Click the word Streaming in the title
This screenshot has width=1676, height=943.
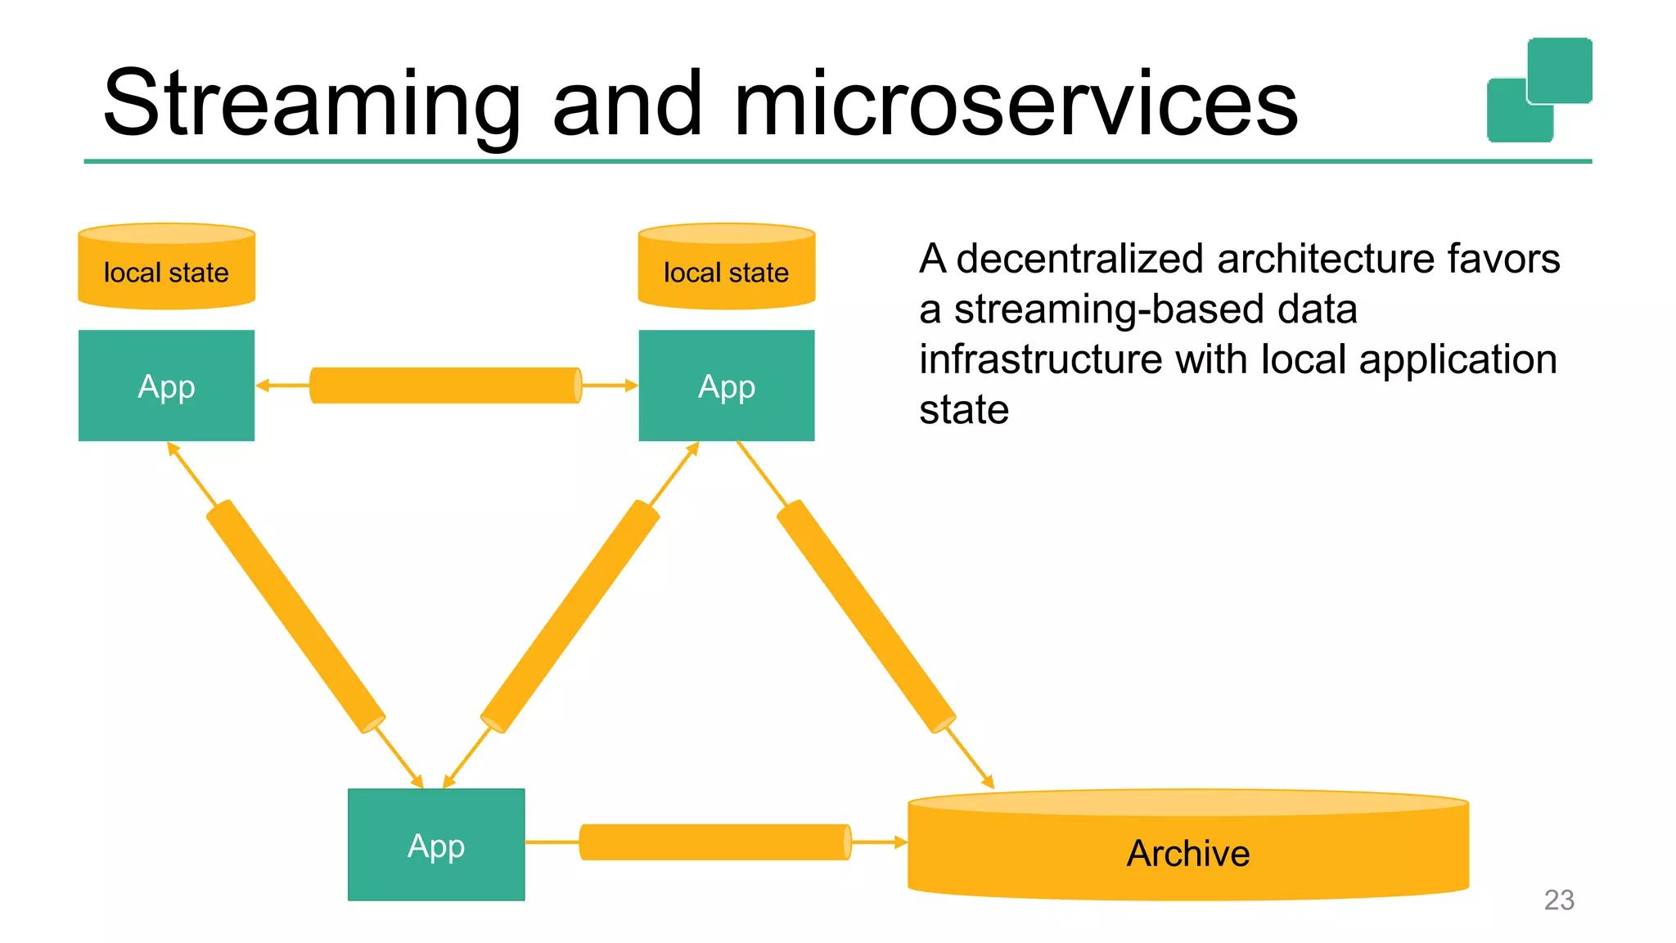311,105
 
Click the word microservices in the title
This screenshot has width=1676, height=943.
1015,105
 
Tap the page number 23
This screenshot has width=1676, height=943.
1558,900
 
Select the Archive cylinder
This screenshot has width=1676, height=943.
1188,853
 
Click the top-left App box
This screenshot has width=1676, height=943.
166,386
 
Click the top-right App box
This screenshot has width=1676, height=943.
726,386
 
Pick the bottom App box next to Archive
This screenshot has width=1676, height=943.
436,845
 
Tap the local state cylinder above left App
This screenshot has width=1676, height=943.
166,270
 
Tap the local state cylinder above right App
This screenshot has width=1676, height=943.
726,270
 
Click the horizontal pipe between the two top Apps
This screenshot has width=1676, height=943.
446,386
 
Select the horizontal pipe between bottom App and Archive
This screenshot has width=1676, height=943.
715,841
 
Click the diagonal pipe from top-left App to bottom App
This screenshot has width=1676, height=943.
295,616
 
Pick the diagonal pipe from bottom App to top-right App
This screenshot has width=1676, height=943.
570,616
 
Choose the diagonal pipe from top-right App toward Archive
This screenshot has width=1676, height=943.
865,616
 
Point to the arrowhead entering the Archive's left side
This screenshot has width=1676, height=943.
900,841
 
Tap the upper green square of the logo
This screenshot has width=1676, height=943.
1560,70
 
